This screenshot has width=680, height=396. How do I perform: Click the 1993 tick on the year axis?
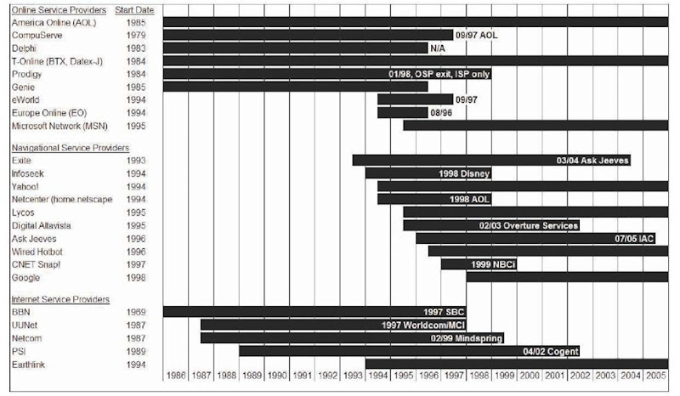(353, 374)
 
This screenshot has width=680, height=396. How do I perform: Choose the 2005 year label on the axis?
(655, 374)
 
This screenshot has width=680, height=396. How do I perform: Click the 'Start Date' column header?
(133, 9)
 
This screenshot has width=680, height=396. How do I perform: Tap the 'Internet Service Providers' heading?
(59, 300)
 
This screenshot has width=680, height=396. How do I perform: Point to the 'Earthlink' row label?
(28, 363)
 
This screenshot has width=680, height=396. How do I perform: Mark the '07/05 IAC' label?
(634, 238)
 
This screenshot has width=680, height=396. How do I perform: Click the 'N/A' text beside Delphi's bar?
(439, 48)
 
